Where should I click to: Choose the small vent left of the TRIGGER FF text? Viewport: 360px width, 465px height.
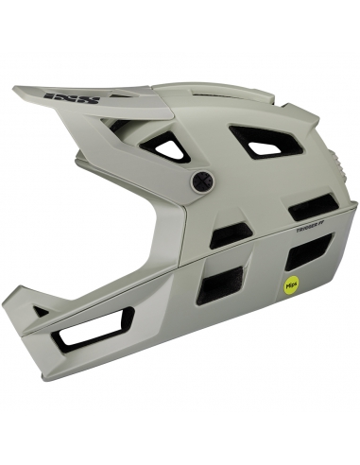(229, 233)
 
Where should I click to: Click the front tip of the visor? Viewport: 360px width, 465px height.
(16, 91)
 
